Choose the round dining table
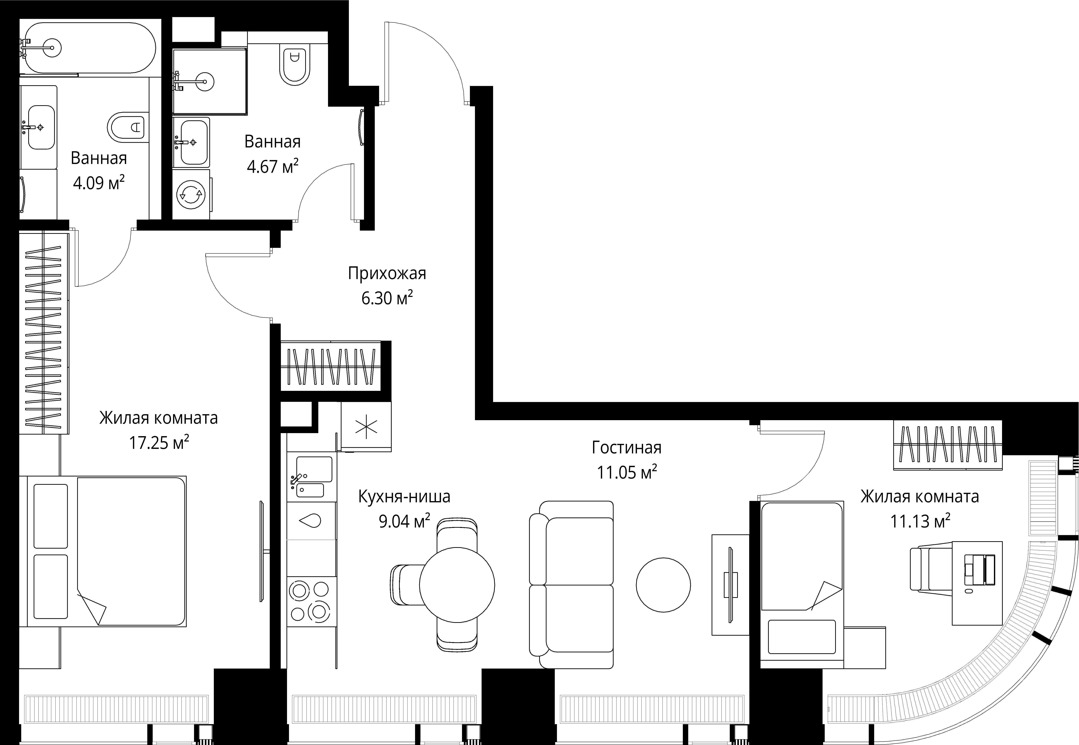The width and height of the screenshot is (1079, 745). point(457,585)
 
